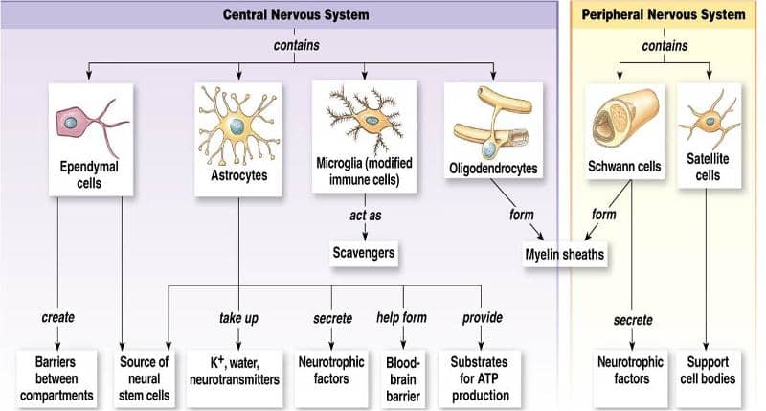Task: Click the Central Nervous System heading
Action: (295, 14)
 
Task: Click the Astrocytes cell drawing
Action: (237, 125)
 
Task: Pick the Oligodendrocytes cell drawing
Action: (492, 121)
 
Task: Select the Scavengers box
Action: (363, 253)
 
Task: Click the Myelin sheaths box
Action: (565, 255)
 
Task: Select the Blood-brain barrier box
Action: (403, 377)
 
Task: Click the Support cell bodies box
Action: (710, 371)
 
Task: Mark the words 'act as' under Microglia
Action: (365, 215)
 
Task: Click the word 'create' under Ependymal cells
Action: (58, 317)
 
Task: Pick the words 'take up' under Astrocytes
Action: (237, 317)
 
